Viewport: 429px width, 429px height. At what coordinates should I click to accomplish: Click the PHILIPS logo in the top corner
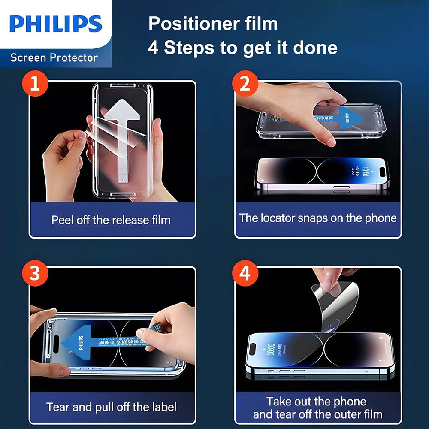(55, 24)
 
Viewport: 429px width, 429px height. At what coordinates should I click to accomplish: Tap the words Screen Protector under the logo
(54, 57)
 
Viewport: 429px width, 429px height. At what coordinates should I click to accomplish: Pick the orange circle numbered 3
(35, 273)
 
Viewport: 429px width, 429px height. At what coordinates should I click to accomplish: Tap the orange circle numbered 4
(245, 273)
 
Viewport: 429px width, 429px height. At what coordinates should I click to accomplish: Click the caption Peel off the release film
(111, 220)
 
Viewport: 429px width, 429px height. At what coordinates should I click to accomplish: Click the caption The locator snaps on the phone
(318, 218)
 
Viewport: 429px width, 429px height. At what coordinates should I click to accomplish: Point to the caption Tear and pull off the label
(112, 407)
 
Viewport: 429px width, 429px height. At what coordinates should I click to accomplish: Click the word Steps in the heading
(188, 48)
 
